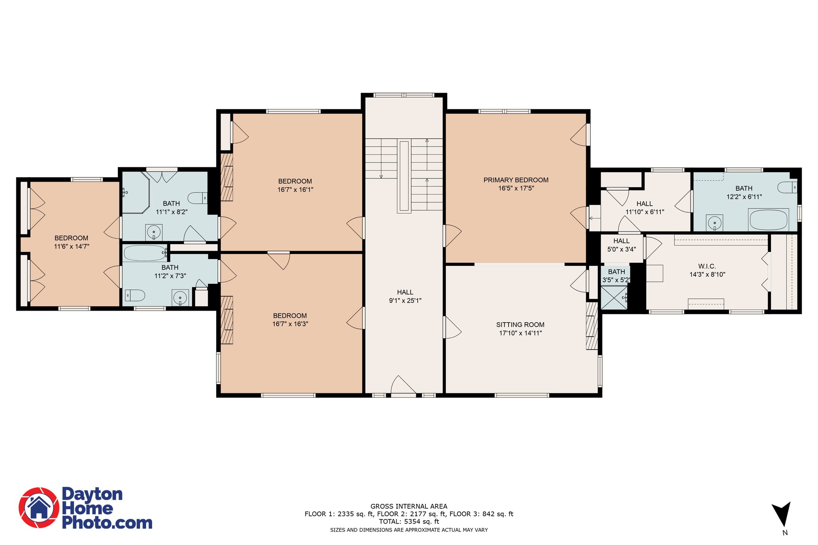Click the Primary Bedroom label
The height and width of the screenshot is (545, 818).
pyautogui.click(x=516, y=180)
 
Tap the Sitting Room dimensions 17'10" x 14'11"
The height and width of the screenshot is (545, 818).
pyautogui.click(x=520, y=333)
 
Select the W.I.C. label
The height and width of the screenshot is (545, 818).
pyautogui.click(x=707, y=266)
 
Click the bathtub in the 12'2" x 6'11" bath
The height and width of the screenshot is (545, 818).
pyautogui.click(x=768, y=220)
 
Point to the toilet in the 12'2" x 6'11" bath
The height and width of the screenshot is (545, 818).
pyautogui.click(x=787, y=187)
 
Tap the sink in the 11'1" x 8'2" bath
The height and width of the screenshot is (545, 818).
pyautogui.click(x=154, y=232)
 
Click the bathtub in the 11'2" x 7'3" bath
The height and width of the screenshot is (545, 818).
pyautogui.click(x=145, y=253)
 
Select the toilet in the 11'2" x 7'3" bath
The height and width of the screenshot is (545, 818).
pyautogui.click(x=135, y=295)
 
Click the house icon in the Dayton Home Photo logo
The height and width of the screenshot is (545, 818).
pyautogui.click(x=39, y=507)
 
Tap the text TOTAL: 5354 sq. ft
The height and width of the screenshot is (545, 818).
pyautogui.click(x=409, y=521)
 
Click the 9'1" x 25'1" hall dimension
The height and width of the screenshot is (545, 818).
pyautogui.click(x=405, y=301)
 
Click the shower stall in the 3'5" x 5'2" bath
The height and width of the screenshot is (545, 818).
pyautogui.click(x=614, y=297)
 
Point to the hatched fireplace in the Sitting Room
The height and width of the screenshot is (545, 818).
pyautogui.click(x=592, y=326)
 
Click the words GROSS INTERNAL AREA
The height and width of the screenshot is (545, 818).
pyautogui.click(x=409, y=506)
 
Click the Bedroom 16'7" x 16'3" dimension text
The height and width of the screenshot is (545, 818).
pyautogui.click(x=290, y=324)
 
